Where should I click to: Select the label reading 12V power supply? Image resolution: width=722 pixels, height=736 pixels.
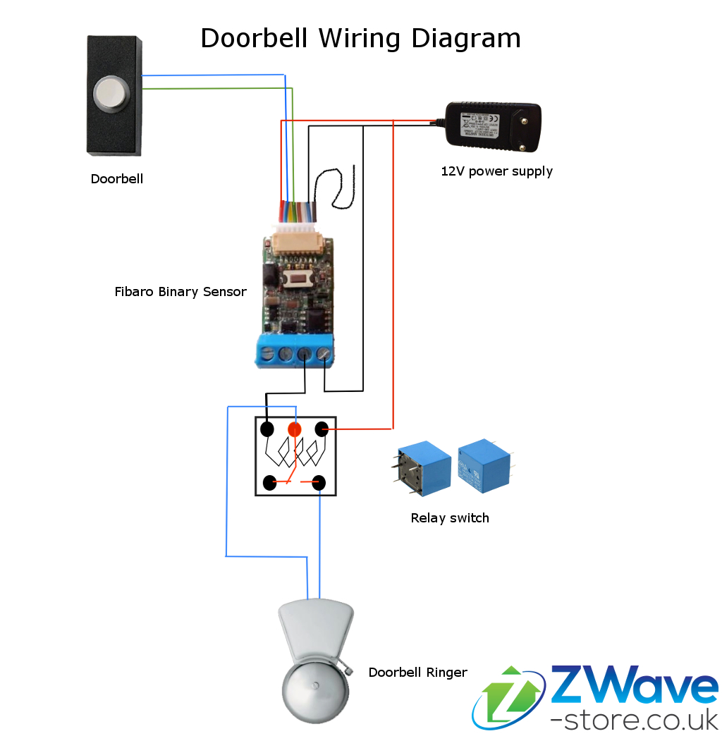point(496,171)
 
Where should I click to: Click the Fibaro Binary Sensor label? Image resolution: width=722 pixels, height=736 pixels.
point(180,291)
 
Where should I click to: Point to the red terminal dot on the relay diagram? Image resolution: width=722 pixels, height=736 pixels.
point(295,429)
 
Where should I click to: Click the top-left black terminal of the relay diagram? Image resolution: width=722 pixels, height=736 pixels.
point(267,429)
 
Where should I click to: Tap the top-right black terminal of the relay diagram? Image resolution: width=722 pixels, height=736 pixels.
point(322,429)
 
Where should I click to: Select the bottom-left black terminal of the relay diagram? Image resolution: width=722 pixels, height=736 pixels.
point(269,483)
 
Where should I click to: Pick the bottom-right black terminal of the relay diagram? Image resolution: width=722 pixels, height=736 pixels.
point(319,483)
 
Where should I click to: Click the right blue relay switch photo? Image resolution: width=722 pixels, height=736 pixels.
point(484,465)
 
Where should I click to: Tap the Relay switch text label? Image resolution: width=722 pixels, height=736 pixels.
point(450,518)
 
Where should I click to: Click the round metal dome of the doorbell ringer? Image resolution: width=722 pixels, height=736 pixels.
point(316,687)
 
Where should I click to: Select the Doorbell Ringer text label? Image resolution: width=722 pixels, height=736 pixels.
point(417,673)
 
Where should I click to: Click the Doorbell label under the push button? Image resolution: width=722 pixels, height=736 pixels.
point(117,179)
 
